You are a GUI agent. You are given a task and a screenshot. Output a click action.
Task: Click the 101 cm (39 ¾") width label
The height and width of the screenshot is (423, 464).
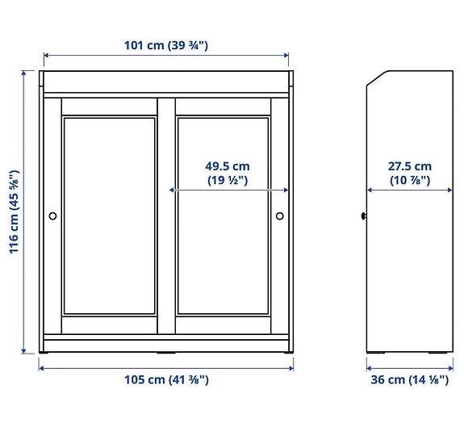coord(166,45)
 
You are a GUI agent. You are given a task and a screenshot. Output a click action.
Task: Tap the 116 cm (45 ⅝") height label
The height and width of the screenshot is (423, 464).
coord(14,212)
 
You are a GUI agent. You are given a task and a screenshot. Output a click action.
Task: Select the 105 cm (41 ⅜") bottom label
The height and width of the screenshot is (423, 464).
coord(166,379)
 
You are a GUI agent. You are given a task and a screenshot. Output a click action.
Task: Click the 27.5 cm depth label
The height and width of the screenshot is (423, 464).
coord(410,166)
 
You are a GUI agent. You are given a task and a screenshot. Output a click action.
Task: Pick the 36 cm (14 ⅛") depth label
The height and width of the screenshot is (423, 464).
coord(409,379)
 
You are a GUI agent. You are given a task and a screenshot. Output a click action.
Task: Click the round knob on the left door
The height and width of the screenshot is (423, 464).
coord(52,216)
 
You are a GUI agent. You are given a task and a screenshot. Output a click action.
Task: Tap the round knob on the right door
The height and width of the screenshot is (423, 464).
coord(280,216)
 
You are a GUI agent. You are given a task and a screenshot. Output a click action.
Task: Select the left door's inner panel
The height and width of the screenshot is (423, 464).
coord(110,216)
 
